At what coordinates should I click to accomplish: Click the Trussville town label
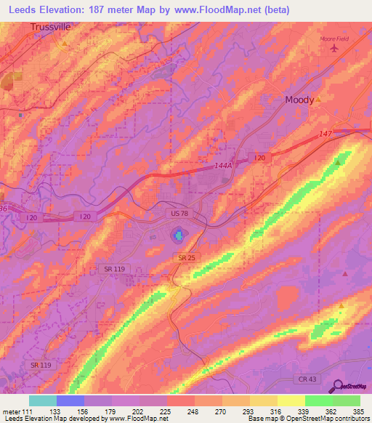[52, 27]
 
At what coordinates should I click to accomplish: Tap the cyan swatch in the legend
[42, 400]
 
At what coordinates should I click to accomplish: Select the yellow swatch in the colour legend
[291, 400]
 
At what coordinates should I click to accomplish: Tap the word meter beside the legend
[12, 411]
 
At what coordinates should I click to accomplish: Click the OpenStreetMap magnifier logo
[338, 386]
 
